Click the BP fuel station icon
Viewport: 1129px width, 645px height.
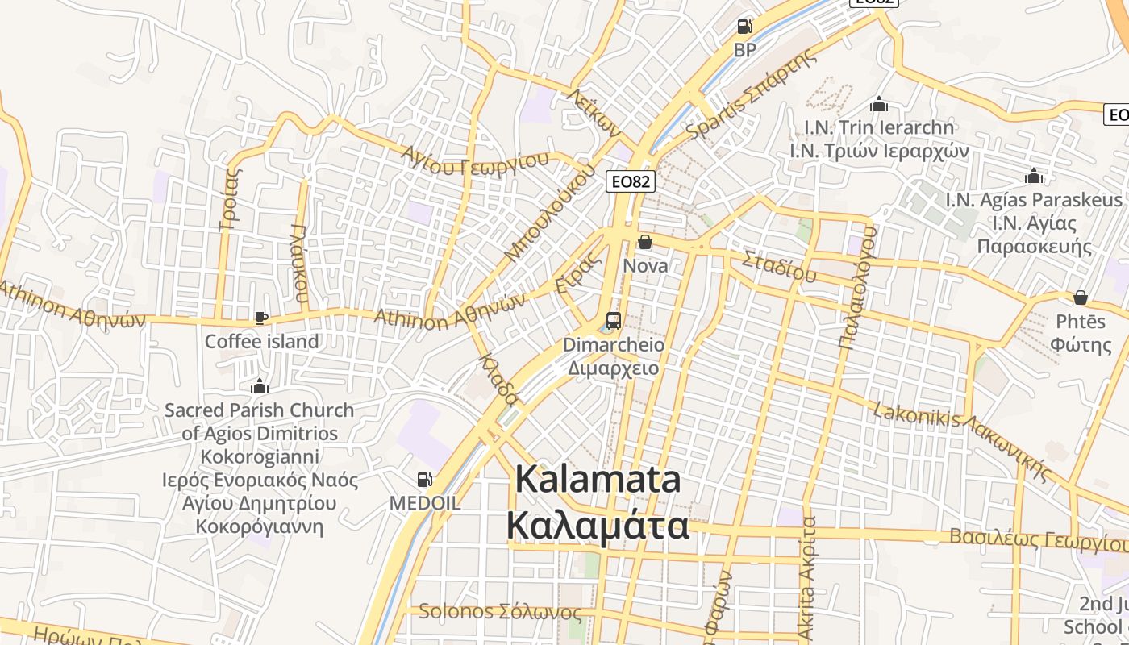point(744,27)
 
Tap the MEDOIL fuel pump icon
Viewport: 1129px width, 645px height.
point(424,481)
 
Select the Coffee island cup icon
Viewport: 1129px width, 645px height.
point(260,318)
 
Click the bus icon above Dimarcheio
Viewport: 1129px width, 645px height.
point(614,321)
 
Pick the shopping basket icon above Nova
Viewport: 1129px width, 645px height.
point(645,242)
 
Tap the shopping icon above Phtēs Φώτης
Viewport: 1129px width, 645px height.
point(1081,298)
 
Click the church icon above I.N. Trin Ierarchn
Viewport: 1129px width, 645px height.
point(879,105)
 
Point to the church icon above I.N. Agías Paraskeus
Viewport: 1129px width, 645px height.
point(1034,177)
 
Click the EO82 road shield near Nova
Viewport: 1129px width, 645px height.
point(630,181)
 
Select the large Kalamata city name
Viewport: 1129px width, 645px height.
point(598,480)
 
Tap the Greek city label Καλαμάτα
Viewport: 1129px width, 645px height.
point(598,526)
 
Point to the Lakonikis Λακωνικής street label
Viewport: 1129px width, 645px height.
point(964,442)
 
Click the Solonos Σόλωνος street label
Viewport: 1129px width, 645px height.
point(500,612)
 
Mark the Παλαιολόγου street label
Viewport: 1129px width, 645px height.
point(856,287)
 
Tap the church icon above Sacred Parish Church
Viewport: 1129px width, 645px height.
point(260,386)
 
